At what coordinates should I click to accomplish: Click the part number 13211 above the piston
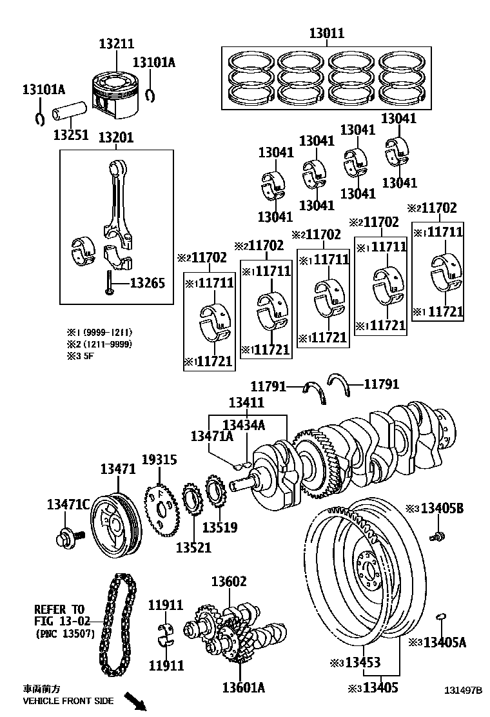pyautogui.click(x=116, y=44)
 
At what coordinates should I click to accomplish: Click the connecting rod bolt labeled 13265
pyautogui.click(x=110, y=283)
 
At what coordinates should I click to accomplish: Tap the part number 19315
pyautogui.click(x=159, y=460)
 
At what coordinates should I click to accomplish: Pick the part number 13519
pyautogui.click(x=220, y=527)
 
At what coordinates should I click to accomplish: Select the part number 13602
pyautogui.click(x=229, y=582)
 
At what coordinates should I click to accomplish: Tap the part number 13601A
pyautogui.click(x=244, y=687)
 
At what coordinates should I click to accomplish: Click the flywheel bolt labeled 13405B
pyautogui.click(x=437, y=535)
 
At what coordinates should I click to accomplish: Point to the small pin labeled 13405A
pyautogui.click(x=442, y=617)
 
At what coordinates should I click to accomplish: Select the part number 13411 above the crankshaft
pyautogui.click(x=246, y=402)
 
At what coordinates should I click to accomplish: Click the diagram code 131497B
pyautogui.click(x=462, y=690)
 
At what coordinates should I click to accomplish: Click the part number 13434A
pyautogui.click(x=244, y=424)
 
